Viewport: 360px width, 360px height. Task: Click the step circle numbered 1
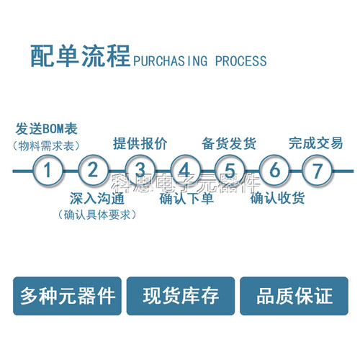(48, 171)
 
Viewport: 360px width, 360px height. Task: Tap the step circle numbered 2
(93, 171)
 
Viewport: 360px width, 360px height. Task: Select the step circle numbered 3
(140, 171)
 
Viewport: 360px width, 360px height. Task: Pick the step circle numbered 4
(185, 171)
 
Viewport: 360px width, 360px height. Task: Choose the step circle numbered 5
(230, 171)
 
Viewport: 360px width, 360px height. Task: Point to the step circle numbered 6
(274, 171)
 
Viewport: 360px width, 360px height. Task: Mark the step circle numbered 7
(317, 171)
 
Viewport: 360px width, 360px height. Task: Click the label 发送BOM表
(46, 130)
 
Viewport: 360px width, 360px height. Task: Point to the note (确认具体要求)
(96, 214)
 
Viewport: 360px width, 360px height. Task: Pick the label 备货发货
(229, 143)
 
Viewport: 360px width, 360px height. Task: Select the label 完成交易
(316, 143)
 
